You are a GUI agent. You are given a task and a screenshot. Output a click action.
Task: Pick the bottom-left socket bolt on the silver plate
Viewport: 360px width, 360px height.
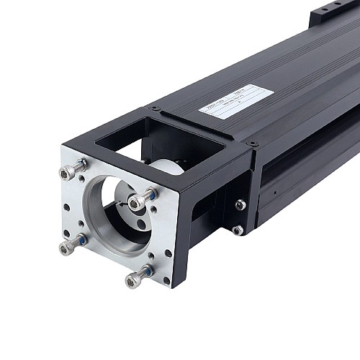click(68, 246)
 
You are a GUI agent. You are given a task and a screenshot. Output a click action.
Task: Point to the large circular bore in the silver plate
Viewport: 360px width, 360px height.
click(115, 216)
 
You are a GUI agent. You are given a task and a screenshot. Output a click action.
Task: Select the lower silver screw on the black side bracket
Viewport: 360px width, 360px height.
click(238, 230)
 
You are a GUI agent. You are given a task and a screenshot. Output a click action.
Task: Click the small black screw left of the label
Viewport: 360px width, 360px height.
click(154, 108)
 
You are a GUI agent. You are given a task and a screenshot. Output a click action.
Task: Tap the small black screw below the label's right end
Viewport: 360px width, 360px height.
click(253, 144)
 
